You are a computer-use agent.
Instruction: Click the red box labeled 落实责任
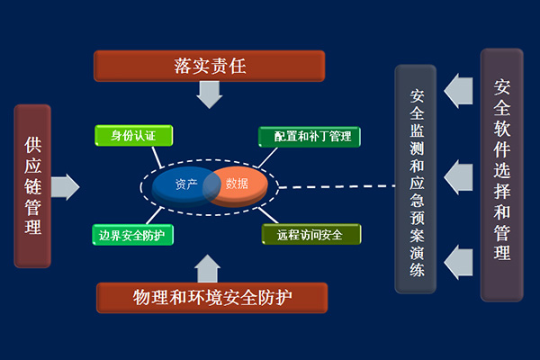tap(210, 66)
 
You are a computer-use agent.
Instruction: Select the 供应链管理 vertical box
tap(32, 186)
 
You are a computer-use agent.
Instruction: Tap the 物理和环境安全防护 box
tap(211, 298)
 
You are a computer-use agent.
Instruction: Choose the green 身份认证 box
tap(133, 135)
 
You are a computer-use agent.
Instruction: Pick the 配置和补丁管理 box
tap(310, 137)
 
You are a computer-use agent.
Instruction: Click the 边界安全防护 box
tap(132, 235)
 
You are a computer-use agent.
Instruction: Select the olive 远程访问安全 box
tap(311, 234)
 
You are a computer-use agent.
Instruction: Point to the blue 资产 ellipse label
tap(186, 184)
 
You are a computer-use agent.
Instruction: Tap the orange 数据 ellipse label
tap(237, 184)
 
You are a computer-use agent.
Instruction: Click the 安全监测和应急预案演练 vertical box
tap(415, 179)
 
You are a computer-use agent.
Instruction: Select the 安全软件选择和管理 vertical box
tap(502, 175)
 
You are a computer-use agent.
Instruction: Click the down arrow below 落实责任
tap(210, 94)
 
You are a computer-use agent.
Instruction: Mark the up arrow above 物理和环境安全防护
tap(207, 268)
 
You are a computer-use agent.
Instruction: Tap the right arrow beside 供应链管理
tap(66, 187)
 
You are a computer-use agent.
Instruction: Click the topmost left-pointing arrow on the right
tap(458, 91)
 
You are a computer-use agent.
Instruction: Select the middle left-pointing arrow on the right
tap(458, 177)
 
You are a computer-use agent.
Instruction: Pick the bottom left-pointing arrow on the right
tap(458, 263)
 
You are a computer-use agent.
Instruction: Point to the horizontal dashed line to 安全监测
tap(337, 186)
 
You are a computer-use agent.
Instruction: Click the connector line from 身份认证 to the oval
tap(157, 157)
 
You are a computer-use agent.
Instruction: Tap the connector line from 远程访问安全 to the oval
tap(268, 215)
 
